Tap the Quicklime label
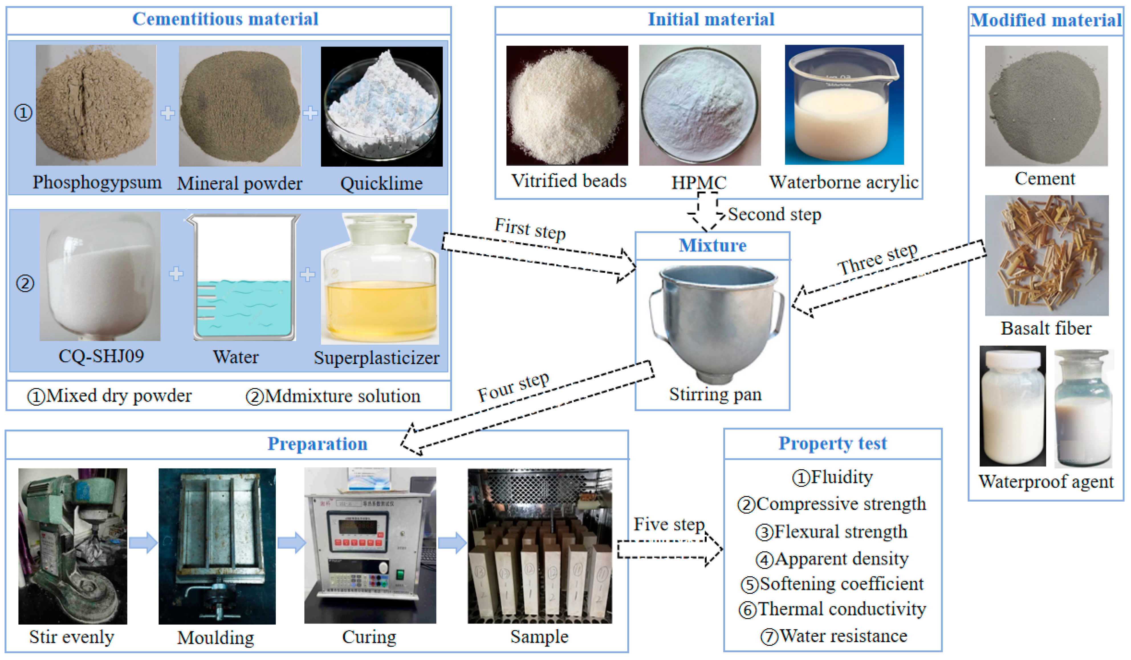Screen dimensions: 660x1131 381,184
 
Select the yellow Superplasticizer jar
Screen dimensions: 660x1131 380,280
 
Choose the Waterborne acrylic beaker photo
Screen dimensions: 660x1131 844,105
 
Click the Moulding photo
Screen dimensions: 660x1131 217,546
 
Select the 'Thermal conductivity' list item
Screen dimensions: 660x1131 833,609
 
